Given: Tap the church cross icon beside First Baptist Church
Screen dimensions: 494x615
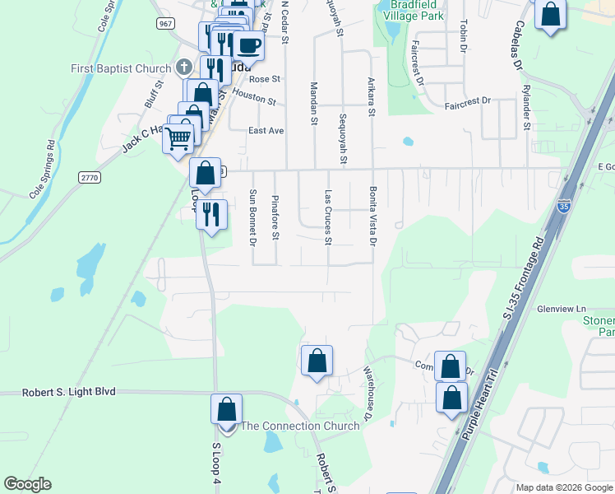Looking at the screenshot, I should coord(184,68).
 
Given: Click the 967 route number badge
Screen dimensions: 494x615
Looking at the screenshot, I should coord(166,24).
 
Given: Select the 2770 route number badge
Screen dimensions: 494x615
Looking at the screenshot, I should coord(90,177).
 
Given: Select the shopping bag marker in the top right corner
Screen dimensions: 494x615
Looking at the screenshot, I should coord(550,14).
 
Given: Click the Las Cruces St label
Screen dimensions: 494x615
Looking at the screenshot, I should coord(328,218).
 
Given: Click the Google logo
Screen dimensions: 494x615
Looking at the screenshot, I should coord(27,484).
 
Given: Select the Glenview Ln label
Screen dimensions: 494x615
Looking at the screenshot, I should coord(559,309).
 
